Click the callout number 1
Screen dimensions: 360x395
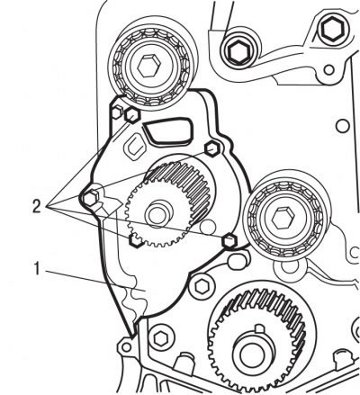[x=37, y=268]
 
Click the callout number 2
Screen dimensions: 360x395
[x=37, y=206]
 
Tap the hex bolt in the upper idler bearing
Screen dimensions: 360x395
[x=149, y=66]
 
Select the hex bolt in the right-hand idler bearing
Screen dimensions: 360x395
[x=283, y=219]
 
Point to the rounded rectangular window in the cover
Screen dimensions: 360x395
[x=168, y=130]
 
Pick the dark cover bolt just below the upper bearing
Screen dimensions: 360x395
[x=132, y=115]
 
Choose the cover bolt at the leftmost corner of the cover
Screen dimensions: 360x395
[x=90, y=198]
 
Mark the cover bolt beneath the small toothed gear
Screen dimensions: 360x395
[x=136, y=241]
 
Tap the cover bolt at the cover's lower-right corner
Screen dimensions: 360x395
[x=229, y=242]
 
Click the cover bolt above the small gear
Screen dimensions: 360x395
[x=212, y=148]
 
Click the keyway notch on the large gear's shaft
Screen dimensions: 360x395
[x=260, y=328]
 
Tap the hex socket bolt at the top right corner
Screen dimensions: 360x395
[x=334, y=29]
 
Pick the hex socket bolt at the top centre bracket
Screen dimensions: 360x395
[x=239, y=51]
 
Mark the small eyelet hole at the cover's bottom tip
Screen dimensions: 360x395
[x=127, y=347]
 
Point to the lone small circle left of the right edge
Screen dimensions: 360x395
[x=342, y=126]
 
